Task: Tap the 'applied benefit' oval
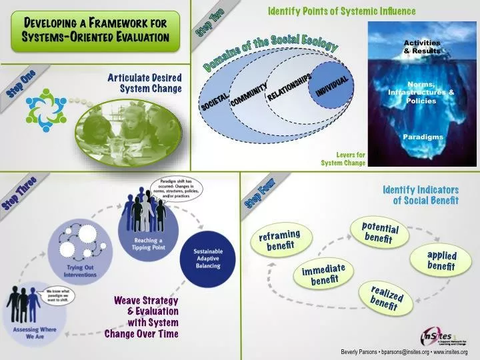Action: (441, 261)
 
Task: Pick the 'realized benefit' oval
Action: (385, 297)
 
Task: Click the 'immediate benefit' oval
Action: (323, 273)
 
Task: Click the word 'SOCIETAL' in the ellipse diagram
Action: (215, 99)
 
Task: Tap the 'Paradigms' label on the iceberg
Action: (422, 137)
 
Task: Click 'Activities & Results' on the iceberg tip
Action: (422, 47)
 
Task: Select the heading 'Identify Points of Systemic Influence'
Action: (341, 11)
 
